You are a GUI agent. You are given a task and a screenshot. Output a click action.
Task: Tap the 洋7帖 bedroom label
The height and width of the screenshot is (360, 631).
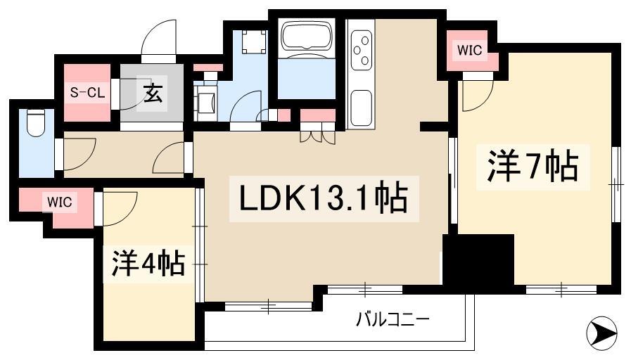click(x=533, y=166)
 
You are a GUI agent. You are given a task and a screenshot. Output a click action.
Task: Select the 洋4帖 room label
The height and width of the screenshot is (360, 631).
click(x=148, y=263)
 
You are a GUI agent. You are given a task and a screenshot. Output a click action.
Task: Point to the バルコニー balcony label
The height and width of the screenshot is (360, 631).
click(x=393, y=320)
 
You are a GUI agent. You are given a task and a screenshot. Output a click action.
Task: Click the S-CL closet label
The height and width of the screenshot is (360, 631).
click(x=87, y=93)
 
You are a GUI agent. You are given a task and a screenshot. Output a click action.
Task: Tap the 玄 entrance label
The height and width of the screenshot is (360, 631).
click(x=153, y=96)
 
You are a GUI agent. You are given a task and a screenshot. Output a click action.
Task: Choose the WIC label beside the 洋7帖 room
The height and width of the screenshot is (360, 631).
click(x=469, y=51)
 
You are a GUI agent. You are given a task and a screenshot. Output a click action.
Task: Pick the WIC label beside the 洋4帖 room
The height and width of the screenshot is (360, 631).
click(x=60, y=202)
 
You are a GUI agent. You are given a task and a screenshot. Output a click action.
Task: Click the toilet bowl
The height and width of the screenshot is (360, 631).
click(x=35, y=122)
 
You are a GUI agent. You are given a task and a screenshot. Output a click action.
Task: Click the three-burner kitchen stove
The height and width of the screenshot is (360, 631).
click(x=361, y=51)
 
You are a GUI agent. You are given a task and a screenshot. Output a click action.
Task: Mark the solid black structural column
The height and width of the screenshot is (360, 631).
click(x=478, y=263)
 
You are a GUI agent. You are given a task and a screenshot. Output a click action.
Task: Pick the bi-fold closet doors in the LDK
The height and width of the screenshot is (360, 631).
click(x=317, y=137)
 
